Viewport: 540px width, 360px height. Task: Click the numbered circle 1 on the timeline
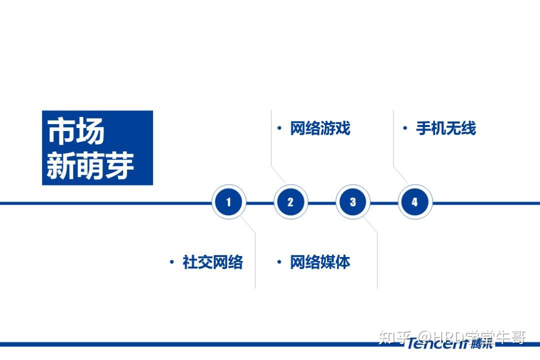click(229, 202)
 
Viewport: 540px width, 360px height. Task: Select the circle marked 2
click(290, 202)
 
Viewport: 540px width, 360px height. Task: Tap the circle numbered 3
click(352, 202)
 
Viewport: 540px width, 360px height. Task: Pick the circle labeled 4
click(414, 202)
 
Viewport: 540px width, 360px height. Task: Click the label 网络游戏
click(320, 128)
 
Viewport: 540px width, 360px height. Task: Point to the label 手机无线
click(446, 128)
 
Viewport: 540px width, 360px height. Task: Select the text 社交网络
click(212, 262)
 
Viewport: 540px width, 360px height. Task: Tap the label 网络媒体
click(320, 262)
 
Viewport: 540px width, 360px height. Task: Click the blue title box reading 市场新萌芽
click(97, 148)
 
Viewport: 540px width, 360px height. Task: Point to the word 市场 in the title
click(76, 132)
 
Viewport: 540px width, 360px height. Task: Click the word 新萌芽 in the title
click(90, 166)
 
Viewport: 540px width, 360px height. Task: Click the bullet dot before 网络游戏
click(279, 128)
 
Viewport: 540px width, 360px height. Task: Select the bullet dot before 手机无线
click(405, 128)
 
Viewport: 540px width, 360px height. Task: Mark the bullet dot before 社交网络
click(172, 262)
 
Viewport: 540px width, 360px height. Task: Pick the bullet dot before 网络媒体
click(279, 262)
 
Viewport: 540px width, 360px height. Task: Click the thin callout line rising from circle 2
click(271, 145)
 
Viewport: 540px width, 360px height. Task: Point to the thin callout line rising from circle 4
click(393, 145)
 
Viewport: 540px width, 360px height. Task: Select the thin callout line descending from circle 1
click(255, 260)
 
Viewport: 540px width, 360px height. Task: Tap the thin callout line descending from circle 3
click(377, 260)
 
